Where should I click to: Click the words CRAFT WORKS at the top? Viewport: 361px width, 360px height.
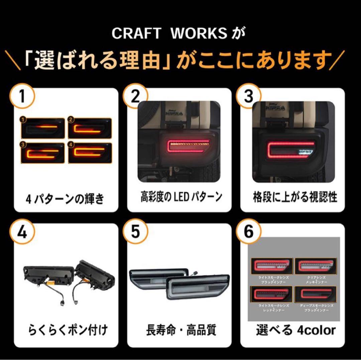[169, 34]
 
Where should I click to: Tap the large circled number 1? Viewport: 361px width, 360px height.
[22, 97]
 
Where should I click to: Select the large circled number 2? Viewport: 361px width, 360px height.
[135, 97]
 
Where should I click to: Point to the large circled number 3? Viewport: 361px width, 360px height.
[249, 97]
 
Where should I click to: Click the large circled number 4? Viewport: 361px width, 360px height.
[22, 233]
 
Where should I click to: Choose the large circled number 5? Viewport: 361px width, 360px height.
[135, 233]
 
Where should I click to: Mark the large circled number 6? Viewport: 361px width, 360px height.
[249, 233]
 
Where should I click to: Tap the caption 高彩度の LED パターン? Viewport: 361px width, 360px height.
[181, 197]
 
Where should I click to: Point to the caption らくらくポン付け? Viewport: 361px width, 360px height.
[68, 331]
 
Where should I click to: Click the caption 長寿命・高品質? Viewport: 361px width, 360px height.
[181, 331]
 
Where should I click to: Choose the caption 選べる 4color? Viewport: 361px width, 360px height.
[295, 331]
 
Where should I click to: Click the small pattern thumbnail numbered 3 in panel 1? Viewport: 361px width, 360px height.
[43, 153]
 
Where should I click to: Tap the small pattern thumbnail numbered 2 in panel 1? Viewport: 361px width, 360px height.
[90, 128]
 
